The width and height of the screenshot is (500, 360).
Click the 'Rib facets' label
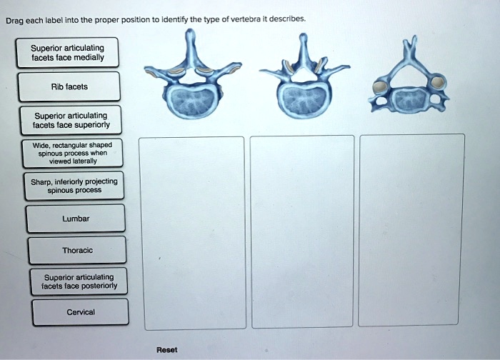[x=69, y=87]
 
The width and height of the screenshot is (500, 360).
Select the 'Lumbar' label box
[x=75, y=218]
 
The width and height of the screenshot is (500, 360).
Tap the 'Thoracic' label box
[x=76, y=250]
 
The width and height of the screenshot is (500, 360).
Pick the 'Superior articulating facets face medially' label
[x=68, y=53]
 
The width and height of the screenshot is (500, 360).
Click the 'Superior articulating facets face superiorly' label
[x=70, y=120]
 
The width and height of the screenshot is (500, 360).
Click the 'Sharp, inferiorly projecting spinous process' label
[x=74, y=185]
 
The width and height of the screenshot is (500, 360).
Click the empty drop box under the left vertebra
[x=191, y=232]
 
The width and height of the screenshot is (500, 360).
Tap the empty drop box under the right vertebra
[x=412, y=232]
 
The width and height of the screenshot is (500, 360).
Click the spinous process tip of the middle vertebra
[x=304, y=37]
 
